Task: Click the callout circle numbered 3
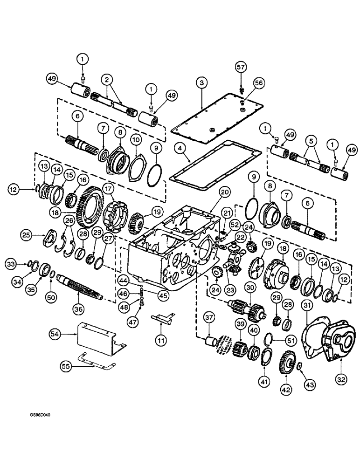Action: pyautogui.click(x=201, y=83)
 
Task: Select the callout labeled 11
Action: pyautogui.click(x=161, y=341)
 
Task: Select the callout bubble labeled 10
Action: pyautogui.click(x=135, y=140)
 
